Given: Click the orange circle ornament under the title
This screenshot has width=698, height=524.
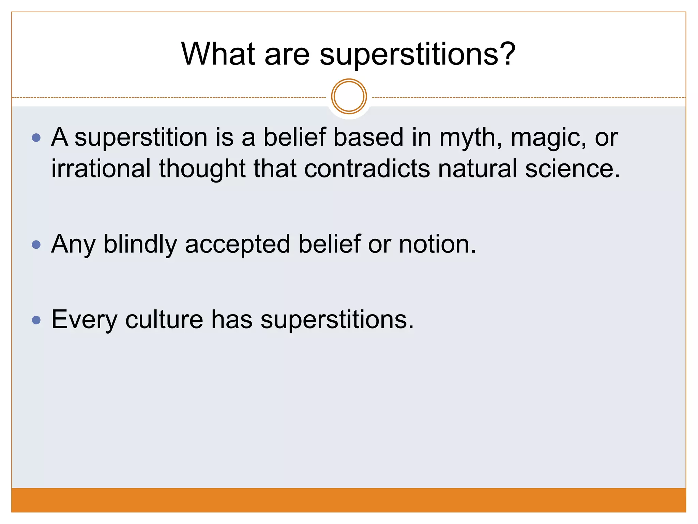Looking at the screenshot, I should click(349, 97).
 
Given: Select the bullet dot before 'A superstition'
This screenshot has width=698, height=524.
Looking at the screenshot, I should click(36, 138).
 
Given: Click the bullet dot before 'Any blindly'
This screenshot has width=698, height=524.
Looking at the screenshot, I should click(36, 245).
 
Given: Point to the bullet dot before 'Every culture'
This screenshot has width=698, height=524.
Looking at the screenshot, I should click(36, 320).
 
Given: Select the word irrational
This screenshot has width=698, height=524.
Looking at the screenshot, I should click(101, 169).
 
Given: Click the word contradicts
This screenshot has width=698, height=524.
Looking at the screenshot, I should click(367, 169).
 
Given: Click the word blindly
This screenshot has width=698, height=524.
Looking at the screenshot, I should click(140, 245).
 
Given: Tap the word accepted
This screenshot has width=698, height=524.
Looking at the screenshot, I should click(238, 245).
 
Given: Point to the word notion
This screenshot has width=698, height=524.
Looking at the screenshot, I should click(437, 245).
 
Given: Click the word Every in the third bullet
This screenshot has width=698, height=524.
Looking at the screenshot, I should click(84, 320).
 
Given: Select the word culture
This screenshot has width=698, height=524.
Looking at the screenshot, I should click(164, 320).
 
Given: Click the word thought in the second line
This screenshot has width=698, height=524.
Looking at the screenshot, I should click(202, 169).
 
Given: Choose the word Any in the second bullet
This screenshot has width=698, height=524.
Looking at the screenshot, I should click(73, 245).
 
